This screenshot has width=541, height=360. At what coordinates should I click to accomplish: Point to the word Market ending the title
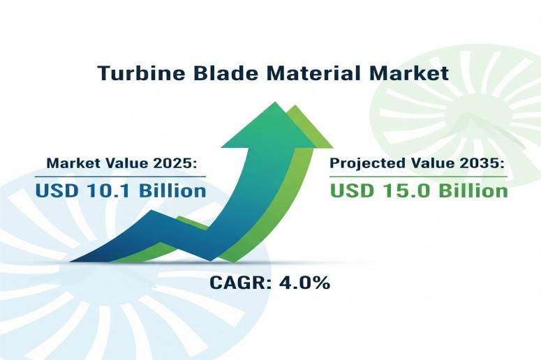point(409,73)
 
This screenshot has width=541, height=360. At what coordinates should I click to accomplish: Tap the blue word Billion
point(172,190)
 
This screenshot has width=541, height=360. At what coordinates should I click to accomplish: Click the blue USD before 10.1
point(57,190)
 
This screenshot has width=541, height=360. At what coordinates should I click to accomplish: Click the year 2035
point(482,163)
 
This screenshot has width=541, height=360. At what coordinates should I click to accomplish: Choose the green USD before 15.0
point(352,190)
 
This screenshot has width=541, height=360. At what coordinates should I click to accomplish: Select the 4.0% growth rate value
point(304,283)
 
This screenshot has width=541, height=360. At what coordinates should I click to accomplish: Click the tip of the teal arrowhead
point(275,102)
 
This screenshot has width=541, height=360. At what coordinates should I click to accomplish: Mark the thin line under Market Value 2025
point(120,177)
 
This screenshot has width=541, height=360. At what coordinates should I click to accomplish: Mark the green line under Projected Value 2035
point(419,177)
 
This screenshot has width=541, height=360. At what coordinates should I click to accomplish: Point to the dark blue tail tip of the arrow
point(71,262)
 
